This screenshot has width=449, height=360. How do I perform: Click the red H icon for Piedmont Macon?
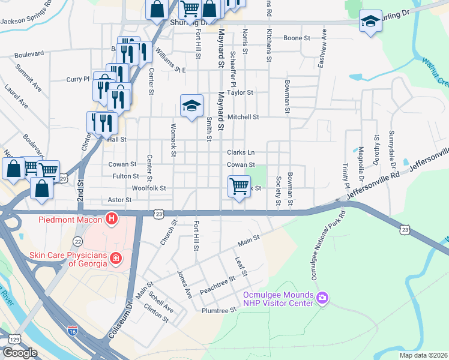[x=111, y=220]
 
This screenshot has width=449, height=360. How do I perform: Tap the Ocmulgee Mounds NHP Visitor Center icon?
[x=323, y=298]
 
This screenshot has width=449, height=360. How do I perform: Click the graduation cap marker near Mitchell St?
[x=191, y=106]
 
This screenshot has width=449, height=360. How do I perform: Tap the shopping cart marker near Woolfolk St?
[x=239, y=186]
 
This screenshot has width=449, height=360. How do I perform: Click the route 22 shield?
[x=78, y=241]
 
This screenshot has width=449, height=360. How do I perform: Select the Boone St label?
[x=297, y=38]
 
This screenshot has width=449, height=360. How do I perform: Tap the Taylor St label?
[x=240, y=93]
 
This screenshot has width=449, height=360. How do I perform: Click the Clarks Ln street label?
[x=241, y=152]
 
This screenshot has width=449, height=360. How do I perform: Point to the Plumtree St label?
[x=219, y=310]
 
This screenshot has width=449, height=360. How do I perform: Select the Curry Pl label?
[x=78, y=79]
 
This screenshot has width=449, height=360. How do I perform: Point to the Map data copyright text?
[x=423, y=355]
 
